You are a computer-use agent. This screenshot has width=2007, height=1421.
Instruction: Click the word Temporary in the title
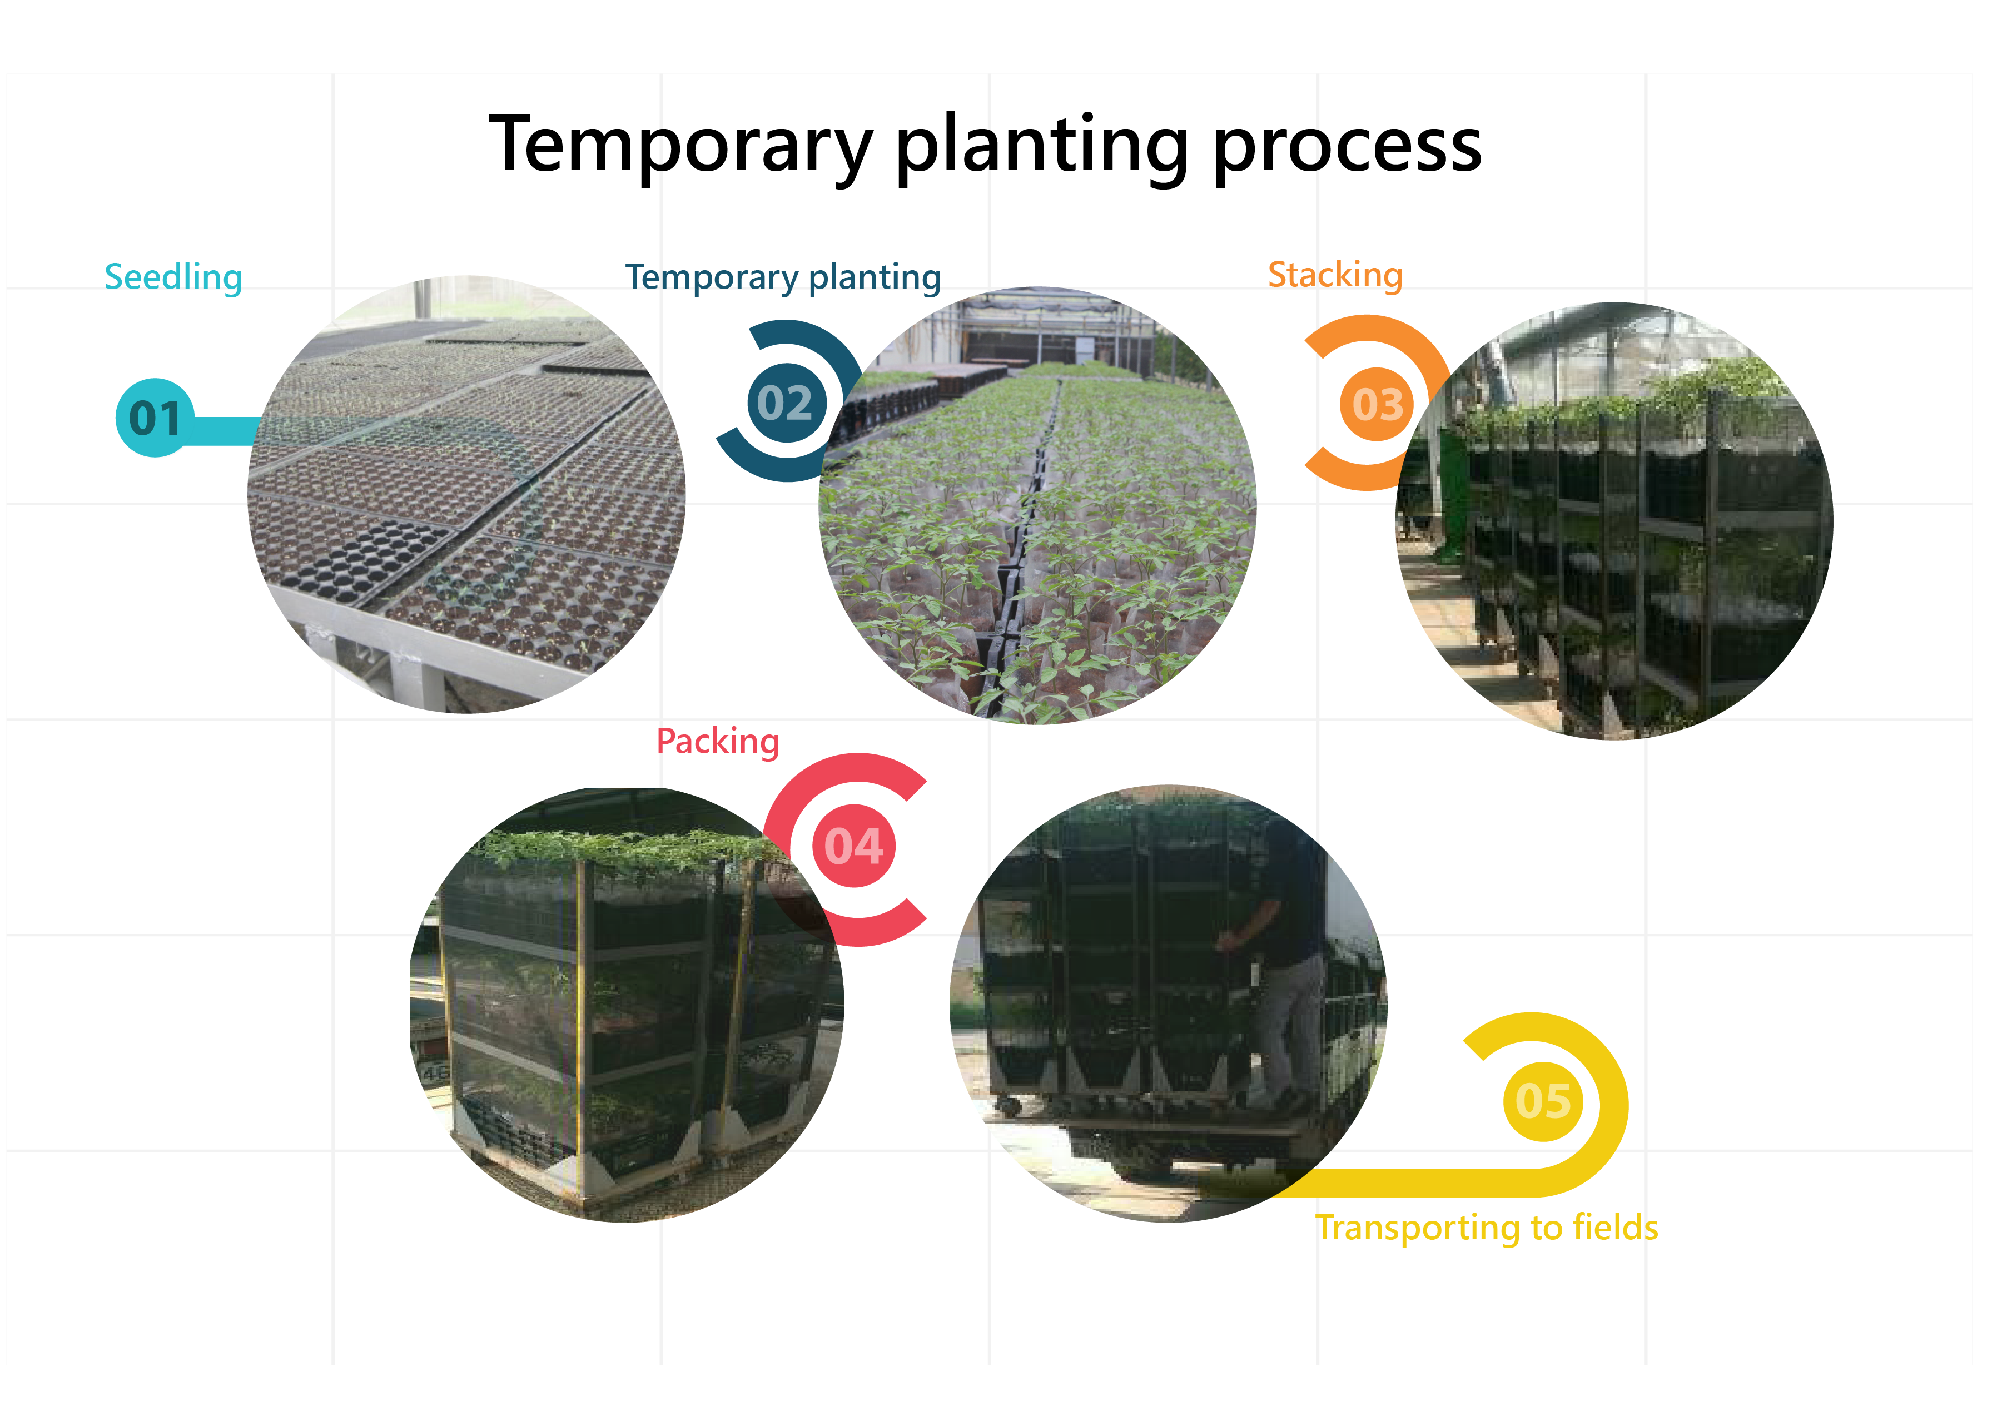click(x=680, y=146)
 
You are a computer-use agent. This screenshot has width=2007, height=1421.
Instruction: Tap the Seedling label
click(x=173, y=278)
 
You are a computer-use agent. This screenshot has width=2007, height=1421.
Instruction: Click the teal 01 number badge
click(x=155, y=418)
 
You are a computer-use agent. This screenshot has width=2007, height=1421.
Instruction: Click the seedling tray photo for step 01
click(x=466, y=494)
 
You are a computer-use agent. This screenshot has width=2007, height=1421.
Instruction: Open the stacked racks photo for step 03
click(x=1614, y=520)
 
